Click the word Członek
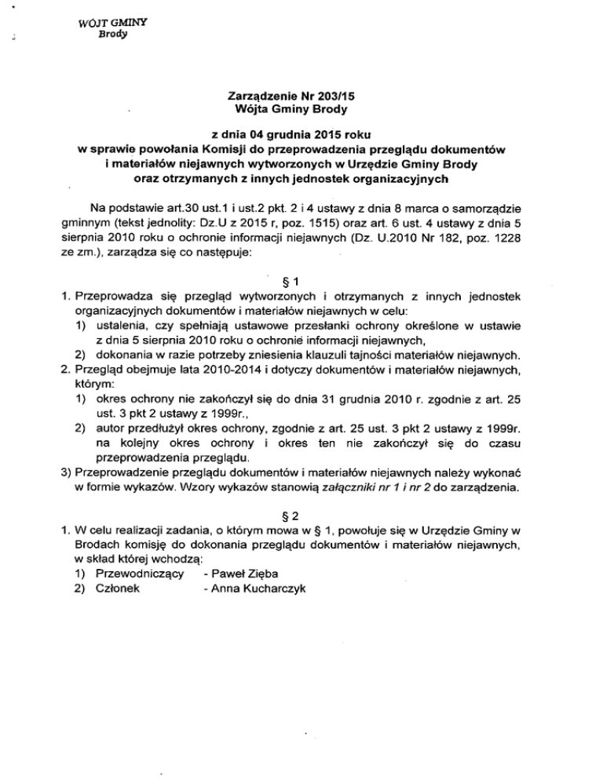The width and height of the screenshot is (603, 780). (119, 589)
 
